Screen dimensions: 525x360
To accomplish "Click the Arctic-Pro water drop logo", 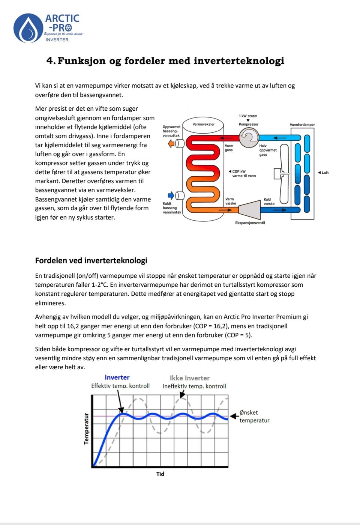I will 28,28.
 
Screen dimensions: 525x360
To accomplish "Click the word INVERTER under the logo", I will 57,40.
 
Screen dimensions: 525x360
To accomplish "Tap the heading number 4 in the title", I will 51,61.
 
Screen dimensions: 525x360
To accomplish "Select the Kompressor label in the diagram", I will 249,124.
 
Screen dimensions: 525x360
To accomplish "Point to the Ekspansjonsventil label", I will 250,223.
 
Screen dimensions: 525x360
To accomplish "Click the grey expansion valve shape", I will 250,209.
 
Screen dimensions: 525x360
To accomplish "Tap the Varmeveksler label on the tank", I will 203,124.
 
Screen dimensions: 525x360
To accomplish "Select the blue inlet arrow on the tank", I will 171,195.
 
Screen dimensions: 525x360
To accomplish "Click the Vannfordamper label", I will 302,125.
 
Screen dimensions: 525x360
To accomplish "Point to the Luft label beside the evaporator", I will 325,173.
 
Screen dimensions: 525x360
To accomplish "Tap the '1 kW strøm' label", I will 248,116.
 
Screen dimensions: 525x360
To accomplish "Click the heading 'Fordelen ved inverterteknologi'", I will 91,260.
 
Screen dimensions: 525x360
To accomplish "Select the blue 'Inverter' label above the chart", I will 117,378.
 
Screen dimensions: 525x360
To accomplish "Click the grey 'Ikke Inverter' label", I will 189,378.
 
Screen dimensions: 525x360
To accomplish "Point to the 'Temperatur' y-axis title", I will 87,429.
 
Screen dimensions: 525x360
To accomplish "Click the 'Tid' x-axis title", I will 160,474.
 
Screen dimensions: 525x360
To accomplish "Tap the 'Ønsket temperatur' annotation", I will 254,416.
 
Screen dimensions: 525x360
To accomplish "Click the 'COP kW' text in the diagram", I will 239,171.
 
